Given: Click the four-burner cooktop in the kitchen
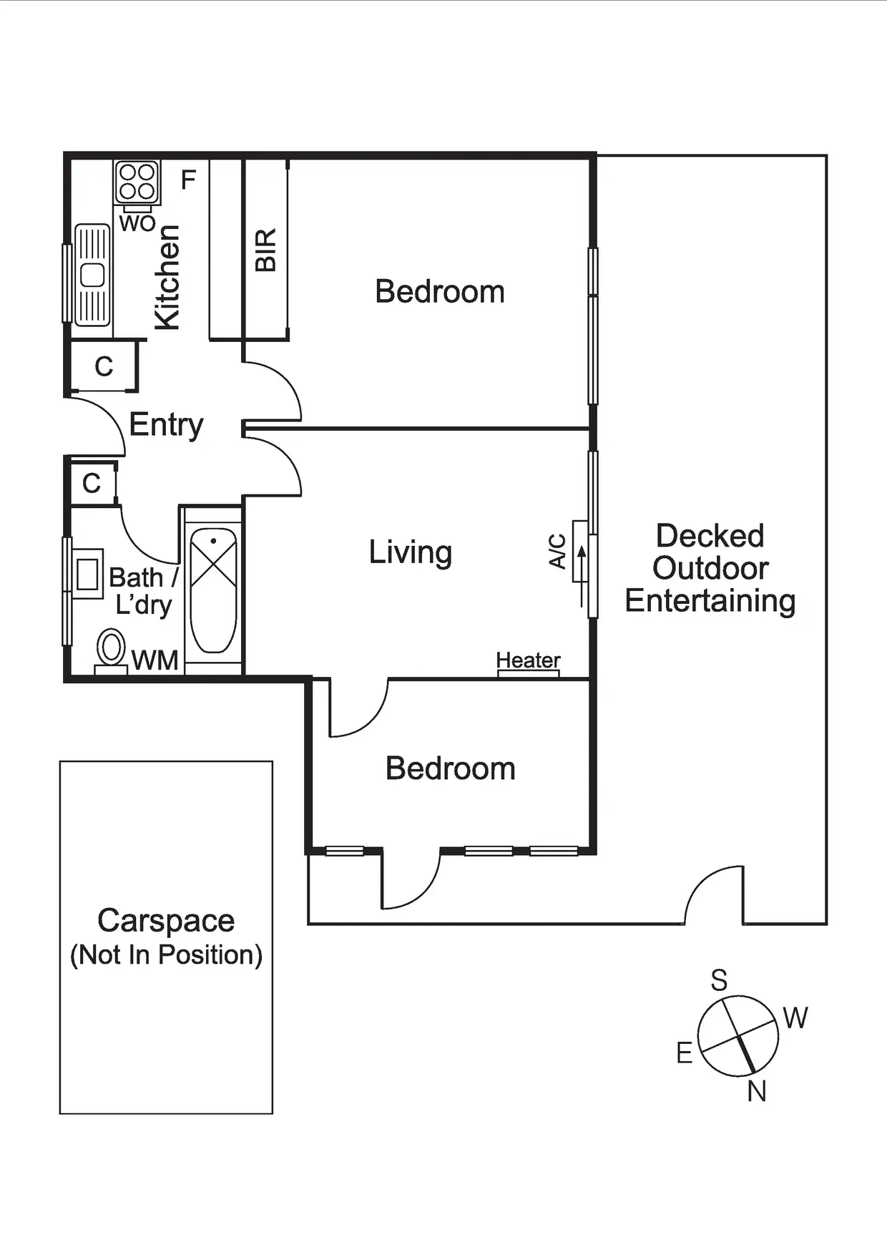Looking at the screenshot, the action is coord(137,182).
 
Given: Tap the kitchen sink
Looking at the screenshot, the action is coord(92,275).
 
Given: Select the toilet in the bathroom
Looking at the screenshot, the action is coord(111,649).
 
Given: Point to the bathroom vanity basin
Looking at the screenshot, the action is coord(87,574).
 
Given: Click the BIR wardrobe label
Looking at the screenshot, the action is coord(265,250).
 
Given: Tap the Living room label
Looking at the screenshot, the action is coord(410,552).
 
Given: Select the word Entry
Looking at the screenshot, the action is coord(166,425).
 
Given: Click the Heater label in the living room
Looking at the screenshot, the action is coord(528,660).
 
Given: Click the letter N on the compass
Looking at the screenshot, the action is coord(756,1091).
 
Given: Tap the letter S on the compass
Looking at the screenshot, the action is coord(719,980).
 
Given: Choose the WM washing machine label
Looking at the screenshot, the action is coord(155,660).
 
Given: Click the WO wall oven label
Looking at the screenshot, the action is coord(137,223).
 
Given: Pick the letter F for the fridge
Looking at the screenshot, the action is coord(188,180).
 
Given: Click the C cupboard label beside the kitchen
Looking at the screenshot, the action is coord(104,366).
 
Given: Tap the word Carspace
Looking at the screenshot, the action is coord(166,921).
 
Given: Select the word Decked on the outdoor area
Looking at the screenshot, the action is coord(710,536).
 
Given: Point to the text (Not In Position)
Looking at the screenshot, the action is coord(166,954).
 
